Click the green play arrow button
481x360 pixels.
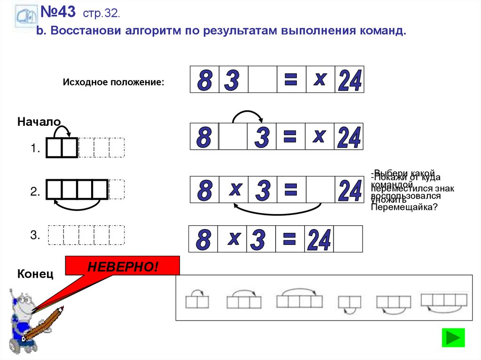coord(453,337)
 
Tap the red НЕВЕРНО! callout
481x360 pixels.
coord(122,266)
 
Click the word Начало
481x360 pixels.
coord(39,122)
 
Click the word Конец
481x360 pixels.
coord(35,274)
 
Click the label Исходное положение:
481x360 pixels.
coord(113,82)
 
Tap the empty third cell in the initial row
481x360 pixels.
coord(262,79)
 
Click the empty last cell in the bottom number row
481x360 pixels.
coord(348,239)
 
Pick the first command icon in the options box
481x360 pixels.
coord(197,300)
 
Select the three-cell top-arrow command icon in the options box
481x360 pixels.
coord(244,300)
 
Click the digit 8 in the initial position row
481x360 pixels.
coord(204,80)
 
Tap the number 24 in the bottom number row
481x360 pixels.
coord(319,240)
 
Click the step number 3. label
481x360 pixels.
coord(35,236)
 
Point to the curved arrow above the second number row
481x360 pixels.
coord(248,116)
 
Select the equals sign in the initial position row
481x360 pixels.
coord(291,79)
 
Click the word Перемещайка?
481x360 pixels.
coord(403,207)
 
